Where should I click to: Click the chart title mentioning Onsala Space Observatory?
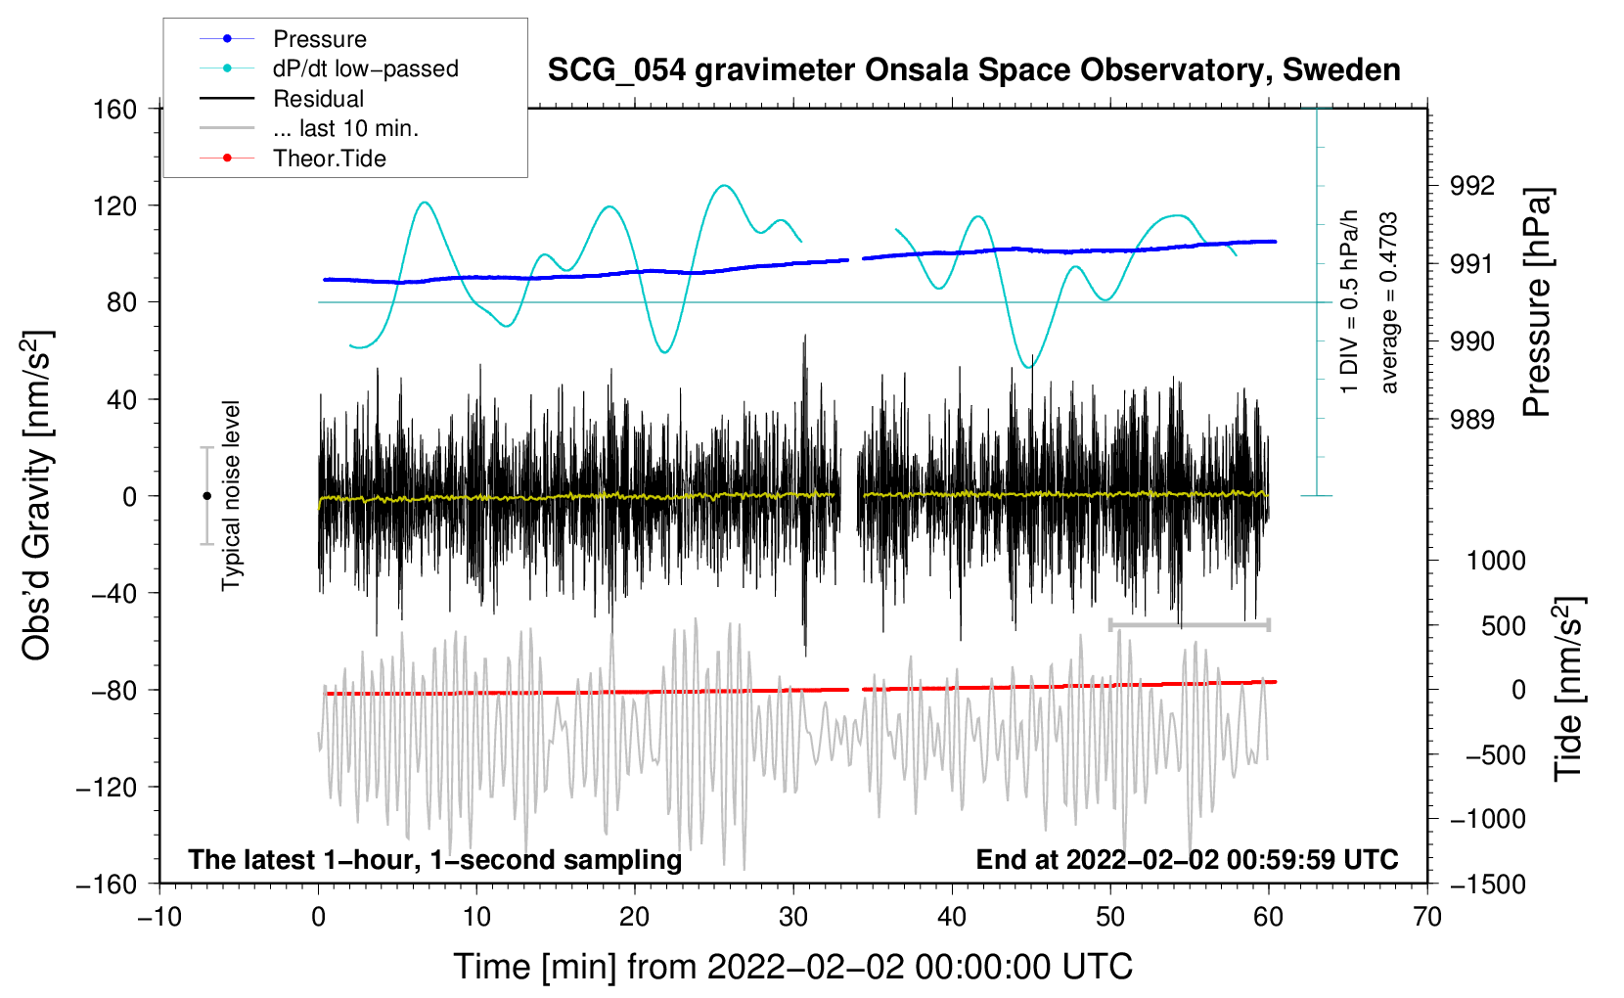[x=973, y=70]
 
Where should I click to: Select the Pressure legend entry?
[x=319, y=39]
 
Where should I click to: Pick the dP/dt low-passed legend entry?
[x=365, y=68]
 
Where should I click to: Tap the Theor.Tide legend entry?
[x=329, y=159]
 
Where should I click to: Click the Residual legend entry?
[x=318, y=99]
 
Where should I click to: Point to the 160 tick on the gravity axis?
[x=115, y=110]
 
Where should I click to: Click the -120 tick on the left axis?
[x=108, y=788]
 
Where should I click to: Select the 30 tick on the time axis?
[x=793, y=918]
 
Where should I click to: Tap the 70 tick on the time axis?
[x=1427, y=918]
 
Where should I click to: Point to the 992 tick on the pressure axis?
[x=1472, y=186]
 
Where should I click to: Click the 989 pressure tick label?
[x=1472, y=420]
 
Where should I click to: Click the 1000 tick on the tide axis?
[x=1496, y=561]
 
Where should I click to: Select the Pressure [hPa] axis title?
[x=1538, y=303]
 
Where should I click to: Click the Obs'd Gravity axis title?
[x=36, y=496]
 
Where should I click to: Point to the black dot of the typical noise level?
[x=206, y=496]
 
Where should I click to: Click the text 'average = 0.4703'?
[x=1389, y=303]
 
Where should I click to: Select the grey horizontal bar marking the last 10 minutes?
[x=1189, y=624]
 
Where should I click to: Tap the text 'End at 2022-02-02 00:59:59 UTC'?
[x=1187, y=860]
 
